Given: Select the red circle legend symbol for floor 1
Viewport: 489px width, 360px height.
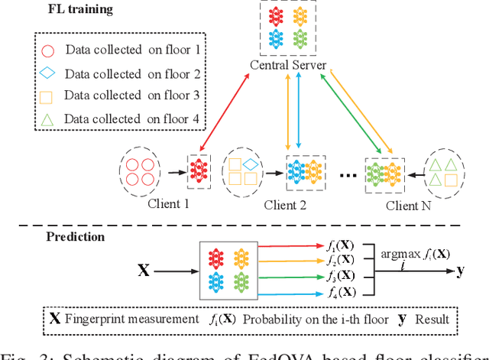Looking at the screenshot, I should [x=47, y=51].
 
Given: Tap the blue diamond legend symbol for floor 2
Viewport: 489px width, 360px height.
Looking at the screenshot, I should [x=47, y=74].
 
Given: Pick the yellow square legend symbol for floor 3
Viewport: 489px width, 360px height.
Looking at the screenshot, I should [x=47, y=96].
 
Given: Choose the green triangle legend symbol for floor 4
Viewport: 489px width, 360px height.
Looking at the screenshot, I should [x=47, y=118].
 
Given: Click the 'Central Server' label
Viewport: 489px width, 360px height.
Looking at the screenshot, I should [x=289, y=66].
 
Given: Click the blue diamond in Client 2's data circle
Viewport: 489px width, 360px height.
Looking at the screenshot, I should [x=250, y=163].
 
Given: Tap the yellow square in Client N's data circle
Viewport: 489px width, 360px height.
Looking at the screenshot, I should [x=452, y=180].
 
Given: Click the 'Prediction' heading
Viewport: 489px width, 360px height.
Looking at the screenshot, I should [x=74, y=237].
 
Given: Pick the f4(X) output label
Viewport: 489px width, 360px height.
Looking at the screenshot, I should [x=336, y=292].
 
